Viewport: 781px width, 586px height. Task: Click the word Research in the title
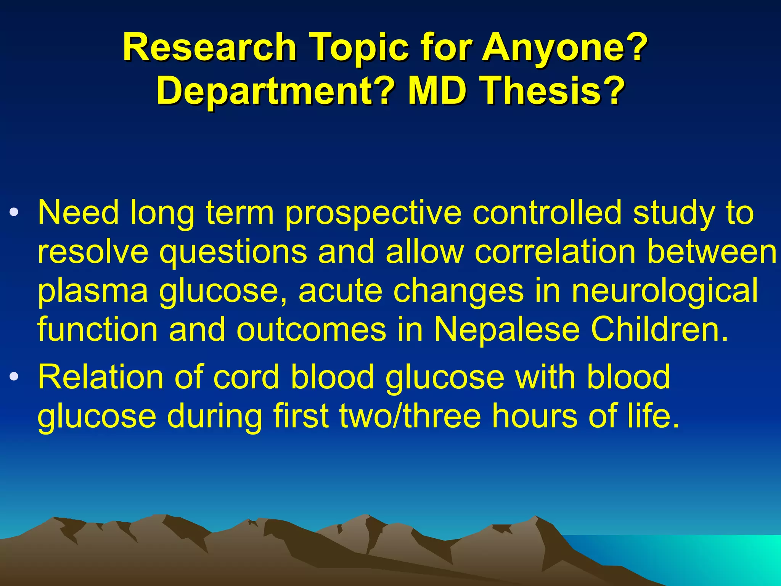209,48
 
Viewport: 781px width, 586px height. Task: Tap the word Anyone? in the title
565,48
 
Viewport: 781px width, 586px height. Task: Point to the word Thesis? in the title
553,92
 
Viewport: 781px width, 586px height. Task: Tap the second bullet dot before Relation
14,377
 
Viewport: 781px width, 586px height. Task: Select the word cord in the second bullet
246,377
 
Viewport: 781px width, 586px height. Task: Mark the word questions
233,253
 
